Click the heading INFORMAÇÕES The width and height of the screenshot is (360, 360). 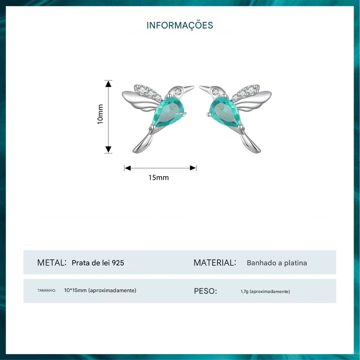[180, 25]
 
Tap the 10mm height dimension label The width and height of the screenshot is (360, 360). [100, 114]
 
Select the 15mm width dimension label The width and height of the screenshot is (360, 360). [159, 177]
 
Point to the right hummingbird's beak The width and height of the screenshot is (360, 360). [204, 88]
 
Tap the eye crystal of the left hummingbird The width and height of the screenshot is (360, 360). [178, 91]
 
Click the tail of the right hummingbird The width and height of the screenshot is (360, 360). [250, 144]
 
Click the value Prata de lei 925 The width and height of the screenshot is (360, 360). [97, 263]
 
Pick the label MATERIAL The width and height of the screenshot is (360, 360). [214, 262]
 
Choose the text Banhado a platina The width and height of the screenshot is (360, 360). [277, 263]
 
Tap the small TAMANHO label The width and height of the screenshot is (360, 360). [46, 291]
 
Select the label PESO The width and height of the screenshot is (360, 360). [205, 291]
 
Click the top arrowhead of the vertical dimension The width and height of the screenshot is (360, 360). [108, 83]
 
